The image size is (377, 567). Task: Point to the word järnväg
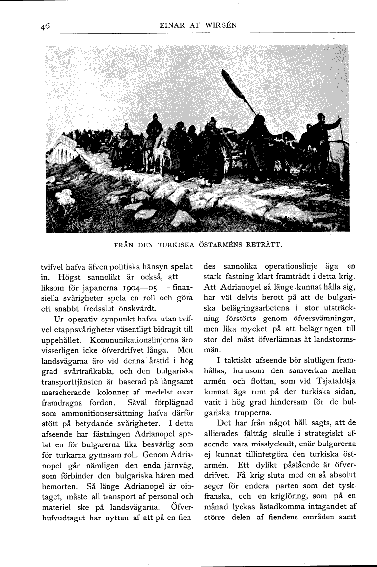click(178, 464)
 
